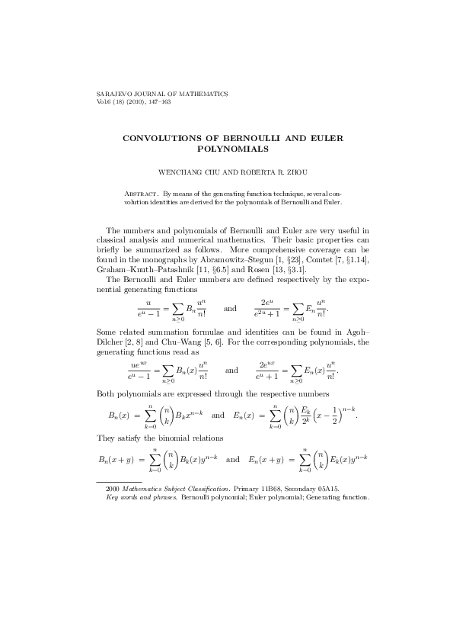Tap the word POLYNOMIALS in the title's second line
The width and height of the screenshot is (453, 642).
click(x=226, y=149)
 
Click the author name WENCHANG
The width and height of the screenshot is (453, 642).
click(x=180, y=173)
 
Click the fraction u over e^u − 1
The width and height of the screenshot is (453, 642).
click(x=138, y=310)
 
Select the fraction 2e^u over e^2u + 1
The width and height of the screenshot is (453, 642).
click(x=267, y=310)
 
